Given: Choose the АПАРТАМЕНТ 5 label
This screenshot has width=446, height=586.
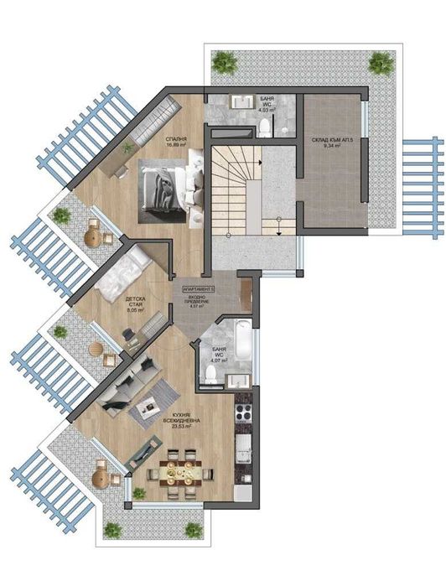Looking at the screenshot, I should point(194,288).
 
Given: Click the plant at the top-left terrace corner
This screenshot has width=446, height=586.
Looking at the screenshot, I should point(224,61).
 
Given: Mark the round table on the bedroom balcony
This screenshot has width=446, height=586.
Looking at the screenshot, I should point(94,236).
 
